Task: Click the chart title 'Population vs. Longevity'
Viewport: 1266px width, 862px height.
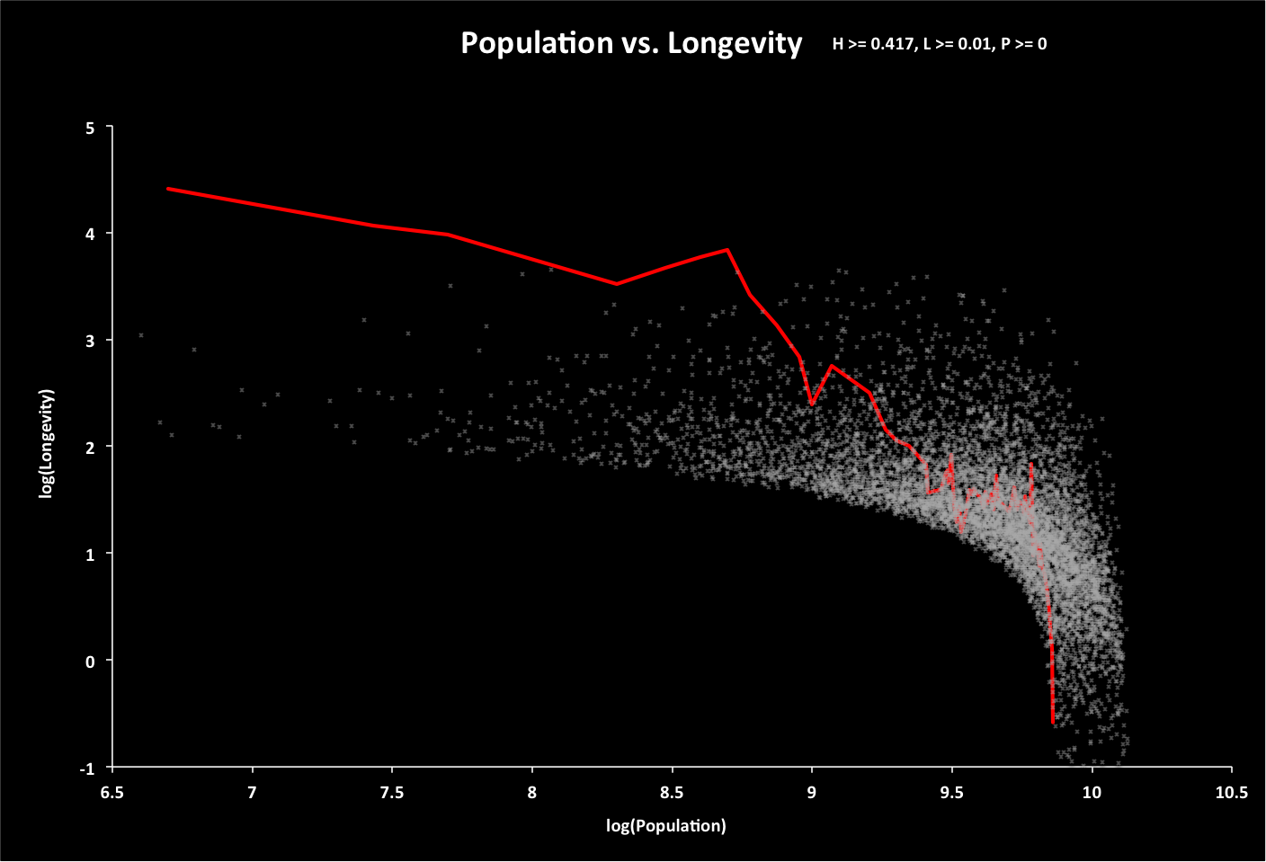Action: pyautogui.click(x=631, y=43)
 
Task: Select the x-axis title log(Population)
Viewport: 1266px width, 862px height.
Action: pyautogui.click(x=665, y=826)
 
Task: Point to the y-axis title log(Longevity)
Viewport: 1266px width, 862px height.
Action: pyautogui.click(x=47, y=443)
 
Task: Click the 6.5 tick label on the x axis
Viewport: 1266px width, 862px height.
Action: pyautogui.click(x=111, y=793)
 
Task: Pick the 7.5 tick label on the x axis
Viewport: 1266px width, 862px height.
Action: pyautogui.click(x=392, y=793)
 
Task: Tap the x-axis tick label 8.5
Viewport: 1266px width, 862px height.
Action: pyautogui.click(x=672, y=793)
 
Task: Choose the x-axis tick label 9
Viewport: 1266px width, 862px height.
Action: pyautogui.click(x=812, y=793)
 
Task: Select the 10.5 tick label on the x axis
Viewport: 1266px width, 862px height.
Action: pyautogui.click(x=1231, y=793)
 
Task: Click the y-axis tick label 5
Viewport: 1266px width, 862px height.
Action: pyautogui.click(x=90, y=128)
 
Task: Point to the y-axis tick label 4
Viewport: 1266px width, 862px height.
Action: pyautogui.click(x=90, y=234)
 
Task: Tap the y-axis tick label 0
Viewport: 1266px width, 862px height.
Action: pyautogui.click(x=90, y=662)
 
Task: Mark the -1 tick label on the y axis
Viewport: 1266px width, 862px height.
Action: pyautogui.click(x=87, y=769)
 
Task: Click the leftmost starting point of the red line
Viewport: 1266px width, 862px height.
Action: pyautogui.click(x=168, y=189)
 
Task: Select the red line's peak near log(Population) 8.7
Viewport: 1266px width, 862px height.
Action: pyautogui.click(x=727, y=250)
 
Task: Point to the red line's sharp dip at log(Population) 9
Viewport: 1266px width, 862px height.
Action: pyautogui.click(x=811, y=404)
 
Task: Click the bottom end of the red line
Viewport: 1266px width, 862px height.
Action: pyautogui.click(x=1053, y=722)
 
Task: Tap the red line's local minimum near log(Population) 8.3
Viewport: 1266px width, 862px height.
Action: pyautogui.click(x=616, y=284)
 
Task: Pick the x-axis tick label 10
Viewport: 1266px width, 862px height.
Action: pyautogui.click(x=1092, y=793)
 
